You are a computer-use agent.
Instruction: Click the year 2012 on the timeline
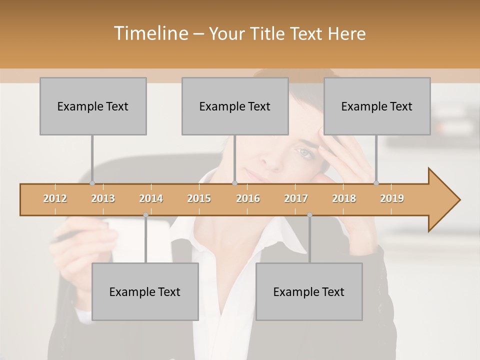[x=55, y=198]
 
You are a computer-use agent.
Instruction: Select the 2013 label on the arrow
[x=103, y=198]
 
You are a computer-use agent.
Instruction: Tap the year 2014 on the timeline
[x=151, y=198]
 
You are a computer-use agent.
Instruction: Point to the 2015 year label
[x=199, y=198]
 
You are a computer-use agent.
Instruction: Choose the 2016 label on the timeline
[x=248, y=198]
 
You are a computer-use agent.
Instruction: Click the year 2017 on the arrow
[x=296, y=198]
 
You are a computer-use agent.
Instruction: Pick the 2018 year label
[x=344, y=198]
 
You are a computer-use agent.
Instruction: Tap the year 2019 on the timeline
[x=392, y=198]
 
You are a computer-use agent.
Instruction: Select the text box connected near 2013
[x=93, y=106]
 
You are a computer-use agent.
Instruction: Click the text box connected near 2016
[x=235, y=106]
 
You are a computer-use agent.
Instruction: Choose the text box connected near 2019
[x=377, y=106]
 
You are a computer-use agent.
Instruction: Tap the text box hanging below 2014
[x=145, y=291]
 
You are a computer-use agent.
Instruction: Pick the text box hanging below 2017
[x=309, y=291]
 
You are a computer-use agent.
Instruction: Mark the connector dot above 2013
[x=92, y=183]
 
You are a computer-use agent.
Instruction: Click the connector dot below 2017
[x=309, y=215]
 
